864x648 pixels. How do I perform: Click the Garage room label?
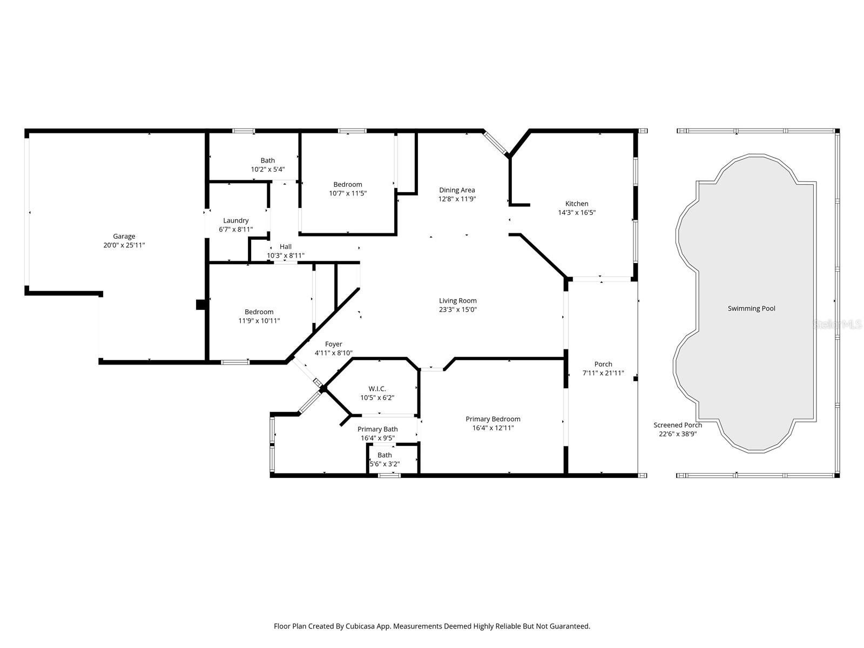124,236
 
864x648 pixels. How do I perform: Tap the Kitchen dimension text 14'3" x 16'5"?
577,213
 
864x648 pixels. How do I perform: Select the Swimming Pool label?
751,308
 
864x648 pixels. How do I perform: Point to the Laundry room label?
235,220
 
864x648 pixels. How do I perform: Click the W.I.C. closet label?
377,389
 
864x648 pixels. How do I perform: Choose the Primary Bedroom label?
493,419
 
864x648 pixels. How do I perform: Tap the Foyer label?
333,344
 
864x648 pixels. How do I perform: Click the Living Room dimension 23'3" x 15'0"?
457,310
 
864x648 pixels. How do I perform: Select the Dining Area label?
457,190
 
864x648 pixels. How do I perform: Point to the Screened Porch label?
678,425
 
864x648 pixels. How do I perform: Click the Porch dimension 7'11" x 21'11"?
603,373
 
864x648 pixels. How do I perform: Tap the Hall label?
286,247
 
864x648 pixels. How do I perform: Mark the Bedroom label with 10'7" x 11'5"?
347,185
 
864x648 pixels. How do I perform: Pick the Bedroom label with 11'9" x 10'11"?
259,312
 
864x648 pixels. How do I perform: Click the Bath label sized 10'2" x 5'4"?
267,160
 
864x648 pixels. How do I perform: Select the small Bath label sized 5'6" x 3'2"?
384,455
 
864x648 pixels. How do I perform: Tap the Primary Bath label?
377,429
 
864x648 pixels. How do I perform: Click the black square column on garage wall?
200,305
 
